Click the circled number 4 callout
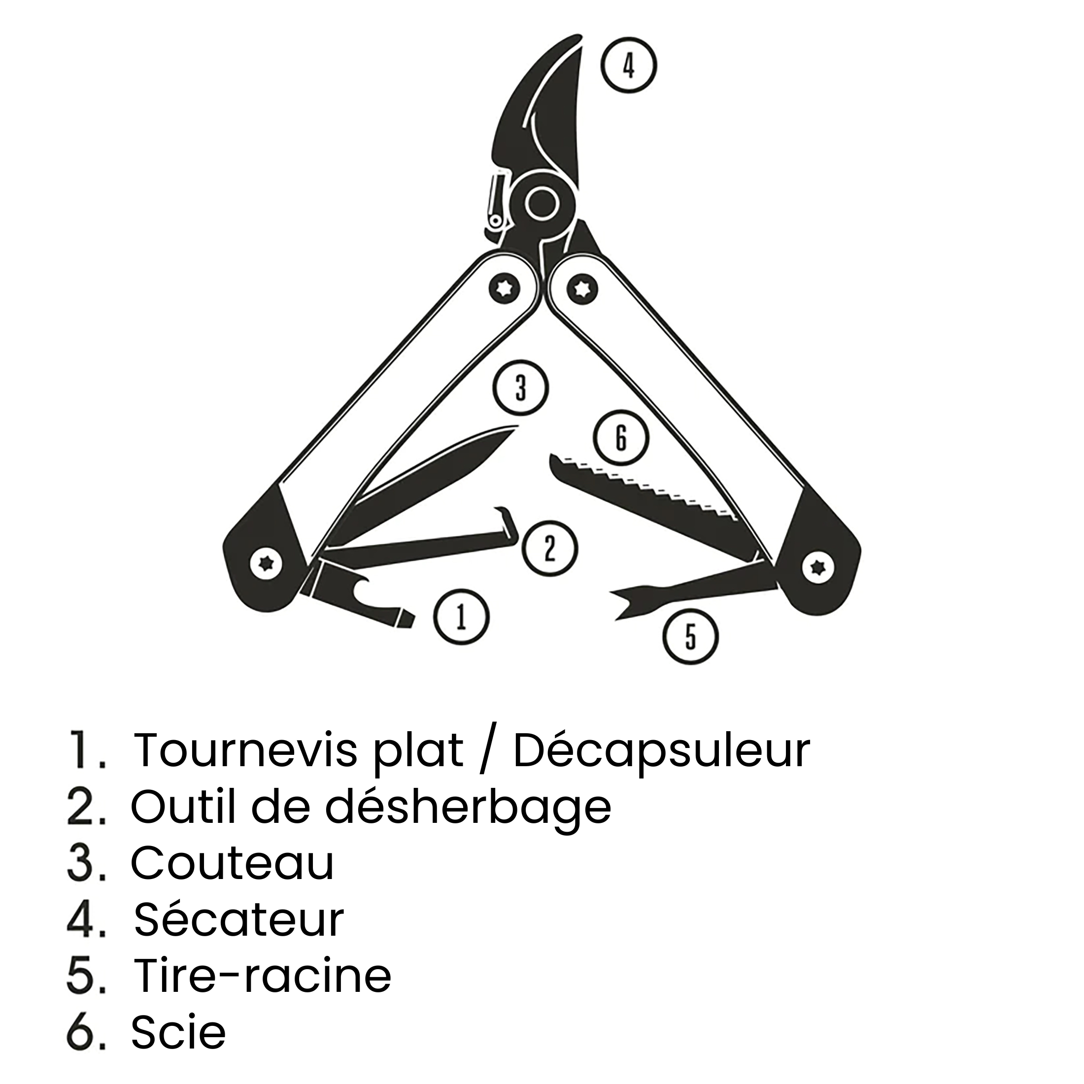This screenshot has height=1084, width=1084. click(x=629, y=65)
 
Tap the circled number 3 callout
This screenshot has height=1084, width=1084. click(x=521, y=388)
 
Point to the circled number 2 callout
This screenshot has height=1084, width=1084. click(x=550, y=548)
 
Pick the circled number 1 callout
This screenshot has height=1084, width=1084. click(x=461, y=616)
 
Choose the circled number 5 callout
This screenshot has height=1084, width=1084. click(x=691, y=636)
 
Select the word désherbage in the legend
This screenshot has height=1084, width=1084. click(x=469, y=806)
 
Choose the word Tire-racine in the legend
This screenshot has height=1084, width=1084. click(x=263, y=976)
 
